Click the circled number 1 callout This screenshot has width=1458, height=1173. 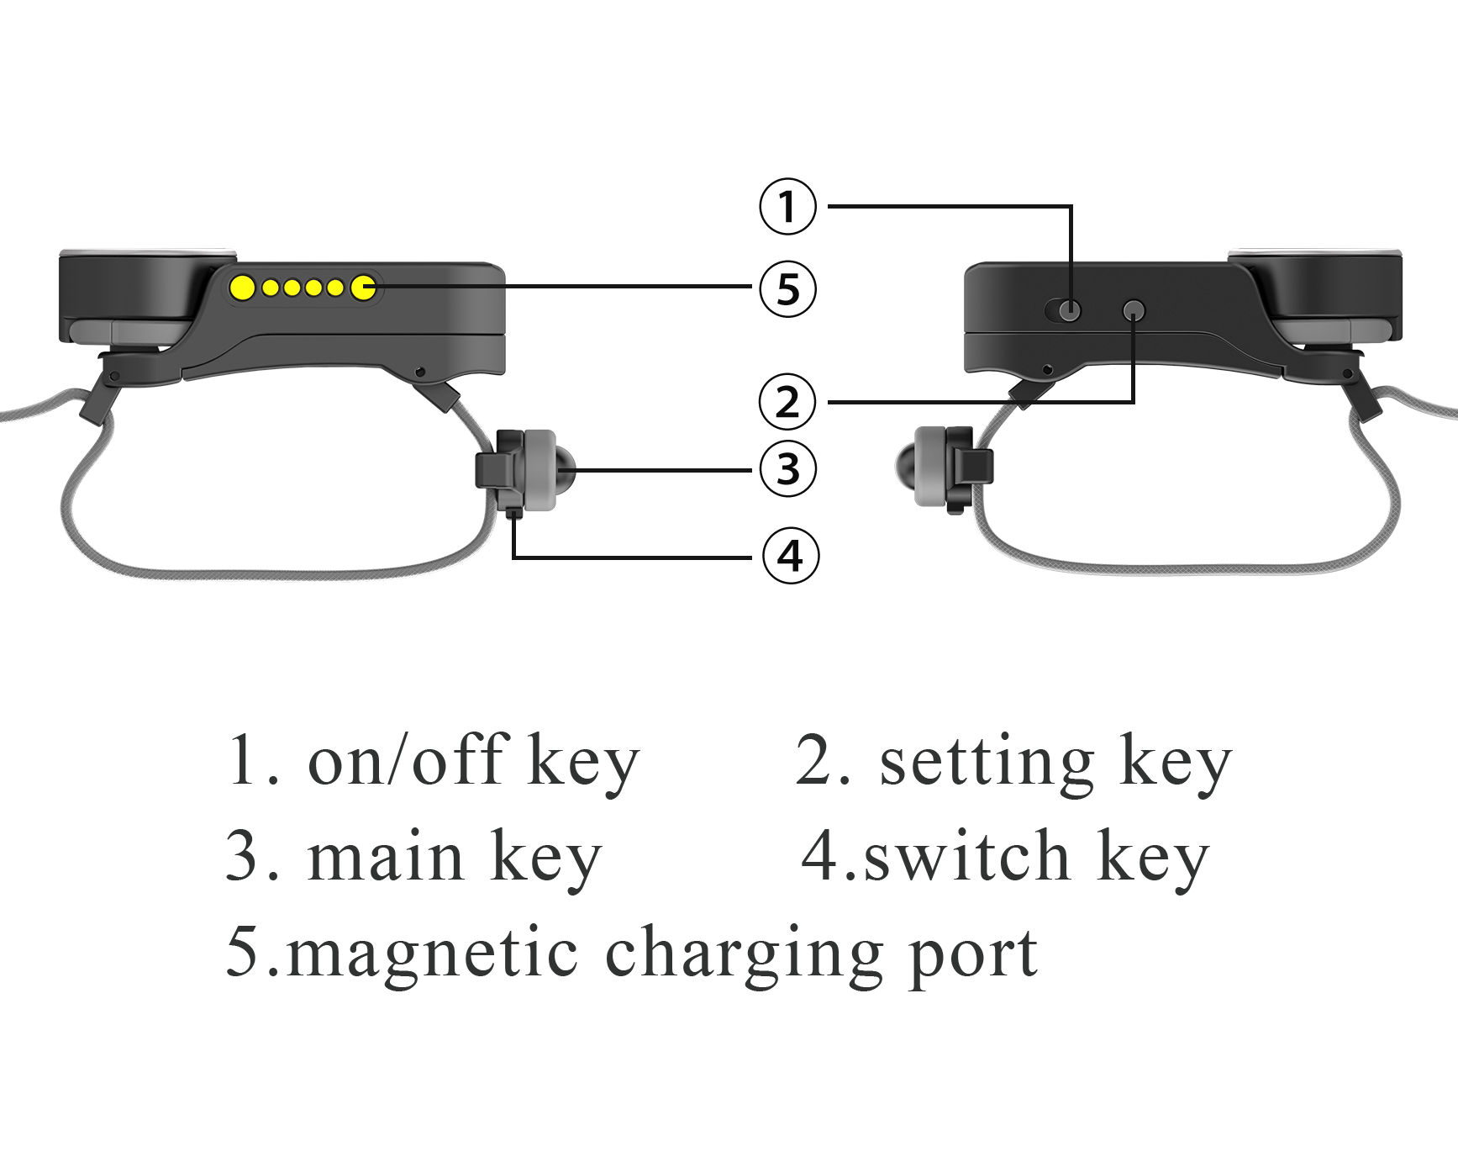point(787,206)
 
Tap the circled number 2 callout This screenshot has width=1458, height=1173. point(787,402)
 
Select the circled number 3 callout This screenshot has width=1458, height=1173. point(787,469)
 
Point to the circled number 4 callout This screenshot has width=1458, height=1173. point(790,556)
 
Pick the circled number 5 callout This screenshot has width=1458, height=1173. point(787,288)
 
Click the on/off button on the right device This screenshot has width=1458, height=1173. point(1069,310)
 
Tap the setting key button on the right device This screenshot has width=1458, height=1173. point(1134,310)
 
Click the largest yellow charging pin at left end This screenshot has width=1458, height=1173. point(243,288)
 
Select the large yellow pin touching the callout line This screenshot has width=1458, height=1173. point(363,288)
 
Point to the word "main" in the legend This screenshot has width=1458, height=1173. point(386,858)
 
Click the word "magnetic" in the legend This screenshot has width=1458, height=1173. point(432,954)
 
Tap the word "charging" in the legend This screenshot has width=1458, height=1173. point(744,954)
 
